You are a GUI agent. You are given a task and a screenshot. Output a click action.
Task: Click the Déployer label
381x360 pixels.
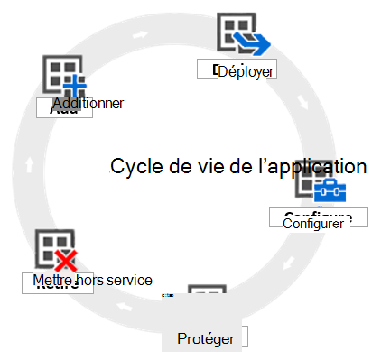coord(246,71)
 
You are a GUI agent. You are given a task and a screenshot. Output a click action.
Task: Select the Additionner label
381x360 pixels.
coord(88,104)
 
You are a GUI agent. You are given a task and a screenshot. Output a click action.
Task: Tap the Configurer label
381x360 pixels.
coord(313,223)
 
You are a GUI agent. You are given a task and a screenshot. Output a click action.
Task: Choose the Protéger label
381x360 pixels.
coord(206,338)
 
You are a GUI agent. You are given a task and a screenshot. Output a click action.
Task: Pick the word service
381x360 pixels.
coord(129,281)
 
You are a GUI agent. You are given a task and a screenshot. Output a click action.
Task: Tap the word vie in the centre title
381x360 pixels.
coord(207,166)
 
